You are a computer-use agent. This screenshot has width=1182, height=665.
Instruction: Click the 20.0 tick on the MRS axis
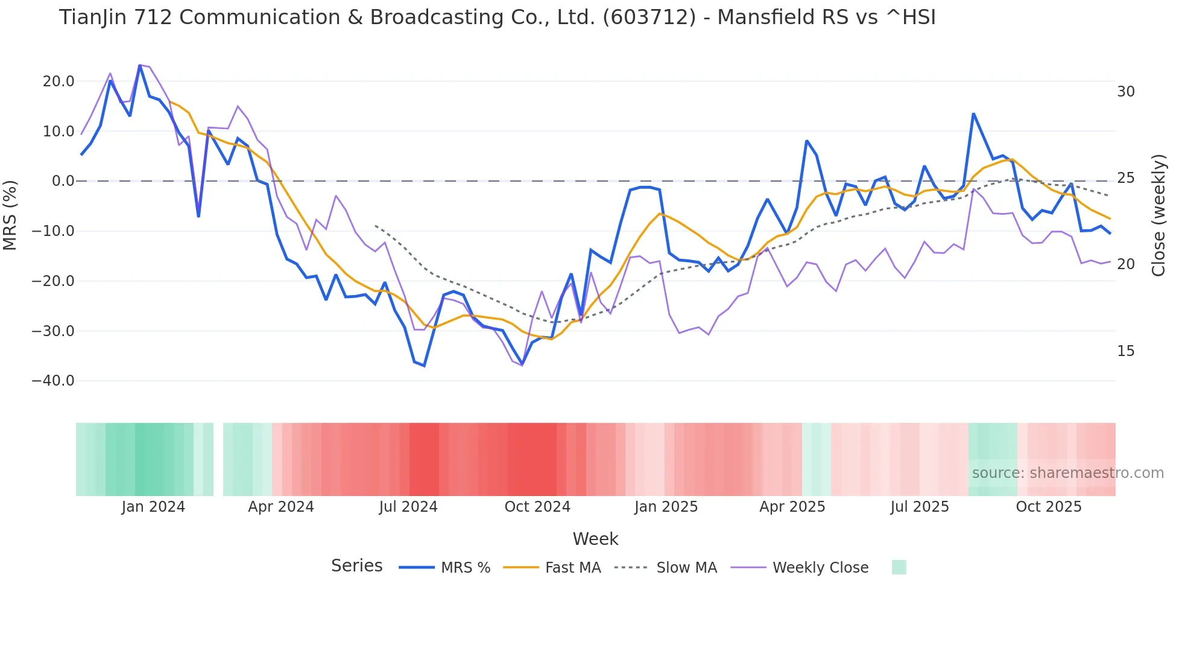[58, 81]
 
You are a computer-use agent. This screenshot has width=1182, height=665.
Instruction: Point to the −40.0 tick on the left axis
[53, 381]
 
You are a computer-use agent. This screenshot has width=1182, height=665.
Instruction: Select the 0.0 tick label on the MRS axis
[63, 181]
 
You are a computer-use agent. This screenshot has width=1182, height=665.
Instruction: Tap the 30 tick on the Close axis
[1125, 92]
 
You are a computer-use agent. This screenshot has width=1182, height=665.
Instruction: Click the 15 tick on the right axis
[1125, 351]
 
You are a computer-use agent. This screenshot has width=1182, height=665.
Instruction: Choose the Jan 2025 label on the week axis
[666, 507]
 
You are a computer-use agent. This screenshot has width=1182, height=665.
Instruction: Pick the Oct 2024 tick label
[537, 507]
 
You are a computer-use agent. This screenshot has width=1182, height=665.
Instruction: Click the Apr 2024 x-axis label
[281, 507]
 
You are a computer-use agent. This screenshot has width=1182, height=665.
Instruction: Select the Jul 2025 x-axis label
[920, 507]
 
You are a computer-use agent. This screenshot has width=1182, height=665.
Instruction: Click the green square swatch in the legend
[899, 567]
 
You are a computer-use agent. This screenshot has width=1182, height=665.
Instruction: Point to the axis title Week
[595, 539]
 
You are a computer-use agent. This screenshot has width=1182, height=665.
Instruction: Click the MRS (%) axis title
[10, 215]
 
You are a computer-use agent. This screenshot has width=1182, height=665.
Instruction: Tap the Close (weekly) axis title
[1158, 215]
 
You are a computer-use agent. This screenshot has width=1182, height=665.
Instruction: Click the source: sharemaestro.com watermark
[1067, 473]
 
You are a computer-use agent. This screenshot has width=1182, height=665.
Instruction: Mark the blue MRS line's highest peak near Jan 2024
[139, 66]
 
